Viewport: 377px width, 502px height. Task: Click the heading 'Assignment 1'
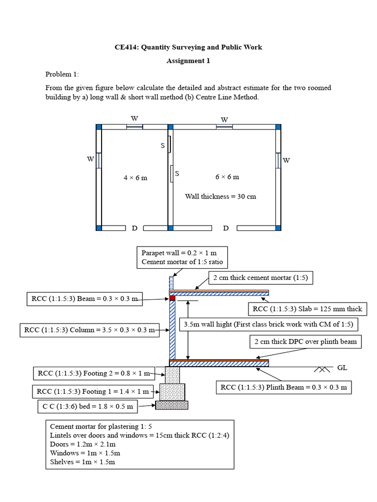click(x=188, y=61)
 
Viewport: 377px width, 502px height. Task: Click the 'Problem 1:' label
click(x=62, y=75)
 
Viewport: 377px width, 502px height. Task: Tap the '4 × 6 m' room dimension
click(x=135, y=177)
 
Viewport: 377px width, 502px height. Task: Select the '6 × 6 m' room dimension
click(x=227, y=176)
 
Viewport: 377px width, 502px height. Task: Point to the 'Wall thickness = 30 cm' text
click(x=220, y=196)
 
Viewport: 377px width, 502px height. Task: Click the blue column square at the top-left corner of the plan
click(x=99, y=127)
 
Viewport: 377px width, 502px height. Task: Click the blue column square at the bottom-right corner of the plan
click(x=278, y=228)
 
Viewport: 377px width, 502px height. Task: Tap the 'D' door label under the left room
click(x=135, y=228)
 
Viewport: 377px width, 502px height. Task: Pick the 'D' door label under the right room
click(x=226, y=228)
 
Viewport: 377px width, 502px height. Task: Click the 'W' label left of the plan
click(x=90, y=159)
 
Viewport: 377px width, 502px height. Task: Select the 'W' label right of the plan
click(x=286, y=160)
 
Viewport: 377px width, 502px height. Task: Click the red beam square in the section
click(x=172, y=298)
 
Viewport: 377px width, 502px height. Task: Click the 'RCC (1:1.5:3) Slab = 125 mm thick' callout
click(x=307, y=309)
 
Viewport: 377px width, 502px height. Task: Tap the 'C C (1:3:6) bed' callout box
click(x=88, y=406)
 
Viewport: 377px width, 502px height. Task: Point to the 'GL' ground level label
click(x=342, y=367)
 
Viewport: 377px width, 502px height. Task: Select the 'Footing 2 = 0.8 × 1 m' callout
click(x=94, y=374)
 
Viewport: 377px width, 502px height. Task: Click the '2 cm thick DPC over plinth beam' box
click(x=306, y=342)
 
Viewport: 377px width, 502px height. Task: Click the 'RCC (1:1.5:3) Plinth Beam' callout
click(x=284, y=387)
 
